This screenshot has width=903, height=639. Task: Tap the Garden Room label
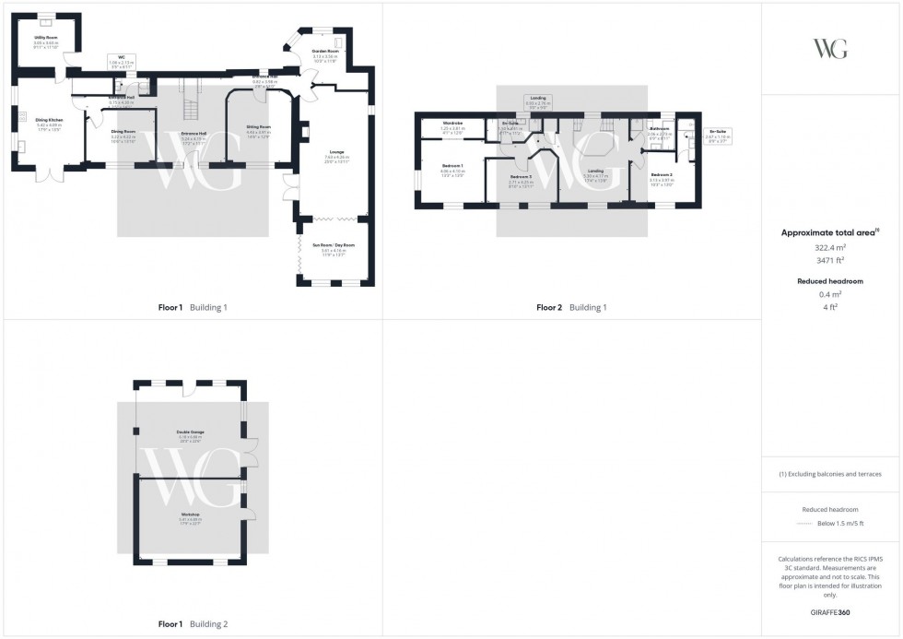(x=325, y=54)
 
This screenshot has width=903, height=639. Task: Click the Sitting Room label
(x=258, y=129)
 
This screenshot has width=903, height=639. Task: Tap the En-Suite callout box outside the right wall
(x=717, y=135)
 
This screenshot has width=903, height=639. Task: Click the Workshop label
(x=190, y=516)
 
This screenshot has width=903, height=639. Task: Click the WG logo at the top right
(x=830, y=49)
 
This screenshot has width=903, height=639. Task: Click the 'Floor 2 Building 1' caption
(x=571, y=307)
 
